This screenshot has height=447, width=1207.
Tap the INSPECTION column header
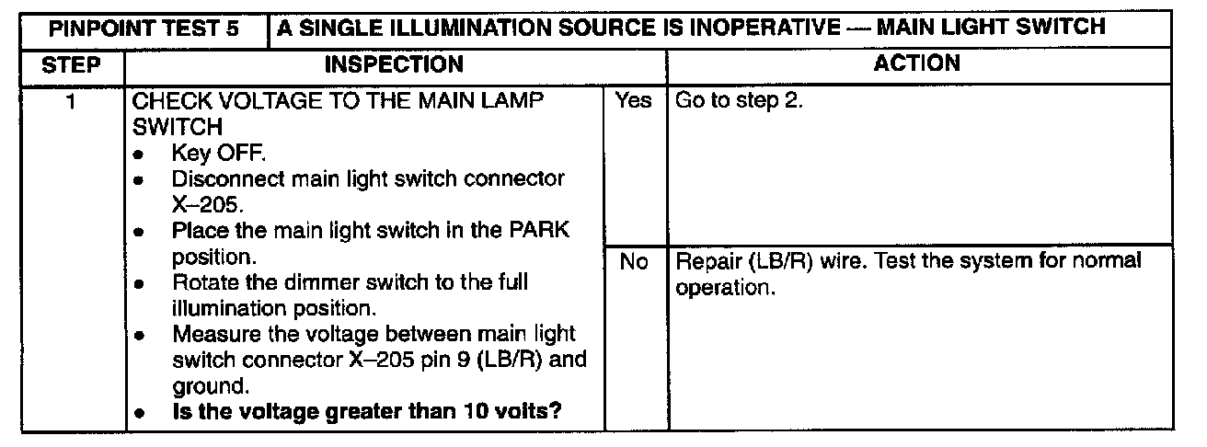coord(394,64)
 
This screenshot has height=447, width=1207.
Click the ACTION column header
coord(917,63)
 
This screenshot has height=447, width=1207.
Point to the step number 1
coord(70,100)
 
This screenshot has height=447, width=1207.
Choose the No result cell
coord(634,262)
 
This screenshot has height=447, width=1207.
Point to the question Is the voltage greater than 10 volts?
coord(367,412)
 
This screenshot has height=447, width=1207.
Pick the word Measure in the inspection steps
coord(213,333)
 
